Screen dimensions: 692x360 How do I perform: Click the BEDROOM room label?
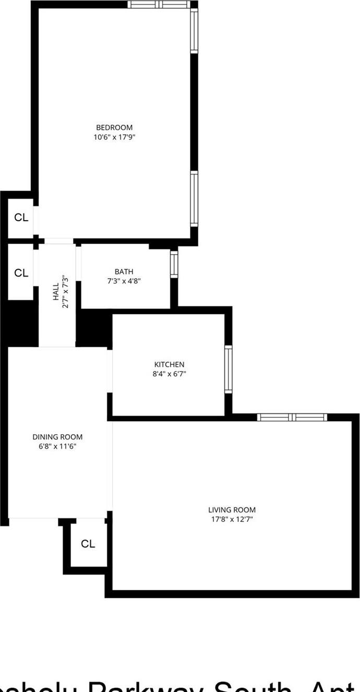tap(114, 127)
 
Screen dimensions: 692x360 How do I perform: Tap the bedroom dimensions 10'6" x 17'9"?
tap(114, 137)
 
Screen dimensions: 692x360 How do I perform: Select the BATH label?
tap(124, 271)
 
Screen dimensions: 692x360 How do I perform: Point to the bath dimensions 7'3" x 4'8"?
tap(124, 281)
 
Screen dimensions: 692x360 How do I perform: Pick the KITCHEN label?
tap(169, 364)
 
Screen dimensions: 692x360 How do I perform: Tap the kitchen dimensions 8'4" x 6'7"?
tap(169, 374)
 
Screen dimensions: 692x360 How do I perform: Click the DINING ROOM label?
tap(57, 437)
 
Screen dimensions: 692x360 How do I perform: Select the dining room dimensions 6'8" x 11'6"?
tap(57, 446)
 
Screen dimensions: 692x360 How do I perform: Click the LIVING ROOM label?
tap(232, 509)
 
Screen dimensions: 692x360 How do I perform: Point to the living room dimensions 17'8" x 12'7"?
tap(232, 519)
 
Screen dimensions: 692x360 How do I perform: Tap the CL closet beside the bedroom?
tap(21, 218)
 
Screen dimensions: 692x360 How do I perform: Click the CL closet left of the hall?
tap(21, 272)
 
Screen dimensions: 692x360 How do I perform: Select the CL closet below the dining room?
tap(88, 544)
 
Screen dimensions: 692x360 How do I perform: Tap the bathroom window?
tap(174, 264)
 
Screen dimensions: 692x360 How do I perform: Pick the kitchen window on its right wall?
tap(229, 368)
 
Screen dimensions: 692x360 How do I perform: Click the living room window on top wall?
tap(292, 417)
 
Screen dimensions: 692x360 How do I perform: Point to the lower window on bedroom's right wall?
tap(194, 198)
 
